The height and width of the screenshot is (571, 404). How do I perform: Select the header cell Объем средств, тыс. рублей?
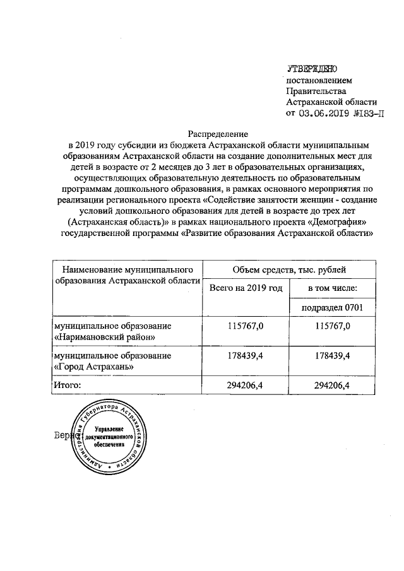point(288,270)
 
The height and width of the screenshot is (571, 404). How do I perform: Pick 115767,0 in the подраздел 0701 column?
point(332,326)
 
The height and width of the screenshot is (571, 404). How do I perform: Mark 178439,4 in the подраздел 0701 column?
point(332,355)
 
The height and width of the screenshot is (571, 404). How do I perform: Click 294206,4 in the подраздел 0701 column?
point(332,384)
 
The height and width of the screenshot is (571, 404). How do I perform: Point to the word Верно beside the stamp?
point(65,435)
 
